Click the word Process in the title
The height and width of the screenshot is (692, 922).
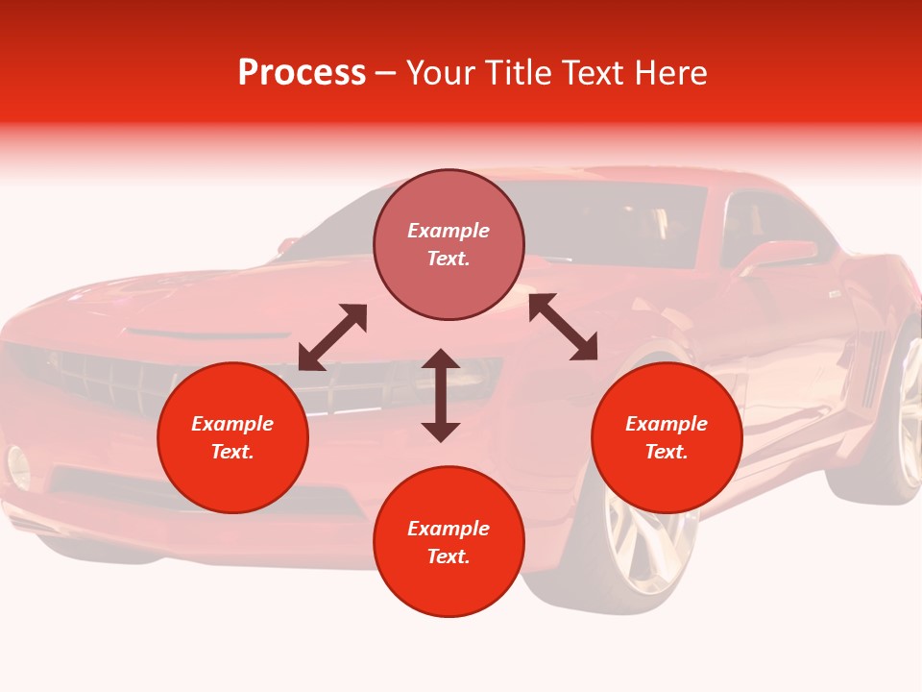[x=302, y=73]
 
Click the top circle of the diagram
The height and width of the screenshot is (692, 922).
[x=449, y=245]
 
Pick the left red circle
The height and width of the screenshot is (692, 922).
[x=232, y=437]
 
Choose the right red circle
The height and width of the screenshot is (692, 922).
[x=667, y=437]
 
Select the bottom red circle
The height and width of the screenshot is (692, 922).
[x=449, y=542]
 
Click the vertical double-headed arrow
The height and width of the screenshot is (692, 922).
[x=441, y=395]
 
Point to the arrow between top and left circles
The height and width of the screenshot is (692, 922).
[x=333, y=337]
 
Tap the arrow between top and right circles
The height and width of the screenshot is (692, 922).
[x=563, y=327]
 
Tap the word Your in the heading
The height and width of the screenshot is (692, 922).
[x=443, y=73]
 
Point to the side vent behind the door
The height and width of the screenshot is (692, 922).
[x=872, y=365]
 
